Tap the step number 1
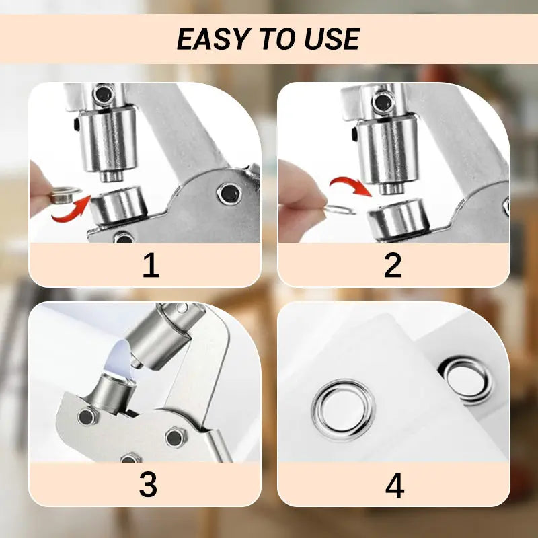tap(151, 266)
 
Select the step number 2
tap(393, 266)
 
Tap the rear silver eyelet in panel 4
tap(465, 380)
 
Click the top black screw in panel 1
tap(102, 93)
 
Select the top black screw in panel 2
tap(383, 103)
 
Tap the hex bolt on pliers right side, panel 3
tap(174, 437)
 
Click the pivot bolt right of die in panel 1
tap(229, 194)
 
